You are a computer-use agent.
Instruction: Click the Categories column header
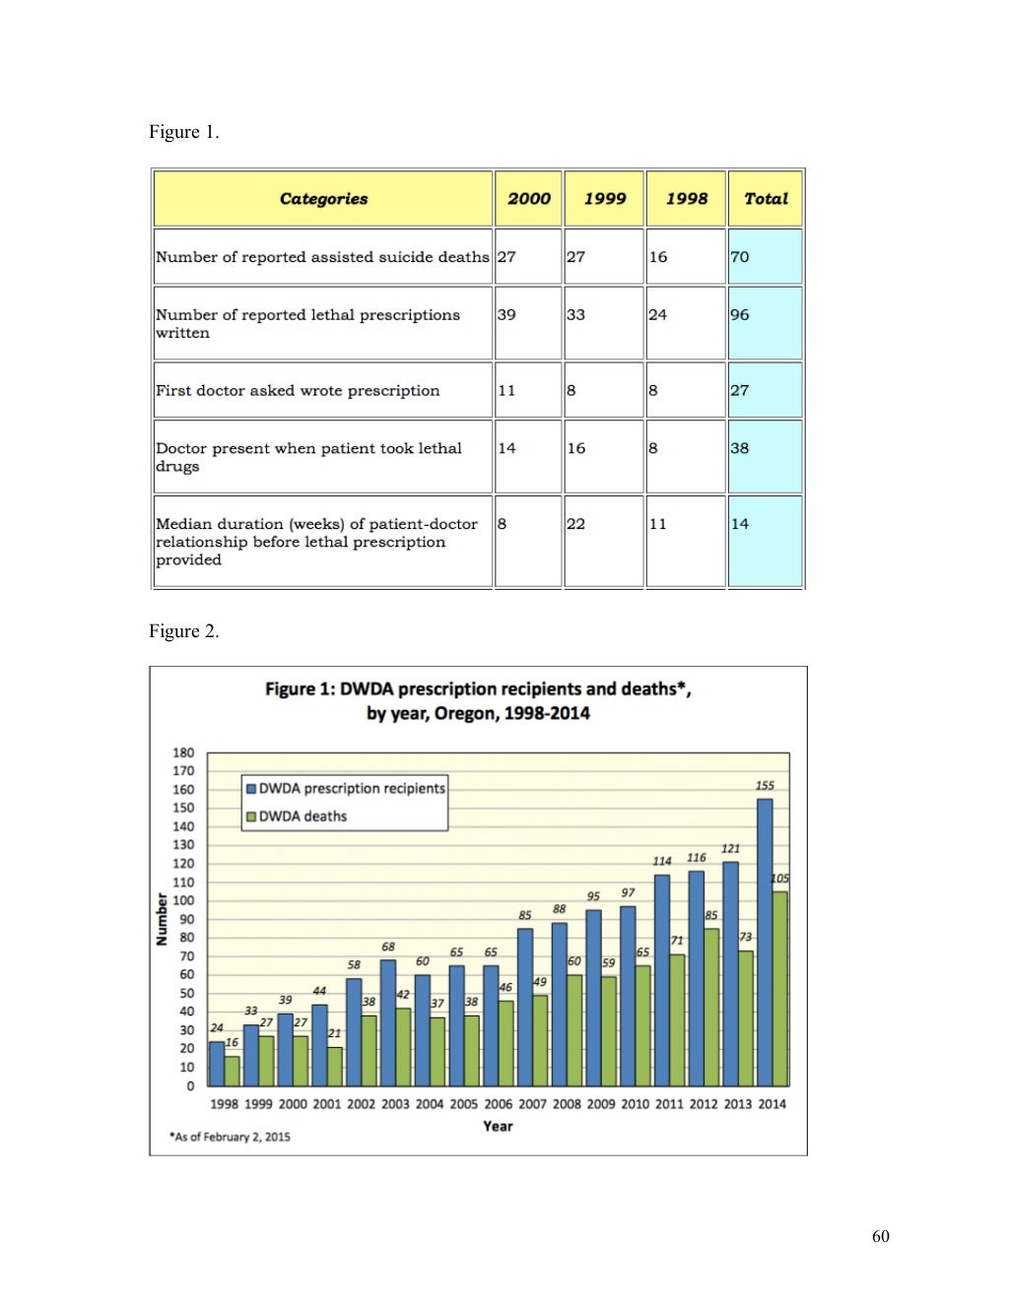[x=323, y=199]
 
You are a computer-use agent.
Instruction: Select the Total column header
[x=766, y=199]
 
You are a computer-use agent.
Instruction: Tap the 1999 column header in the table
[x=604, y=199]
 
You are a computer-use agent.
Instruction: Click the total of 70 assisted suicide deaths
[x=765, y=257]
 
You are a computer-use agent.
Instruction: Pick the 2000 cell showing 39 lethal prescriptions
[x=528, y=323]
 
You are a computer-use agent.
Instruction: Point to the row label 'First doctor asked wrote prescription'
[x=298, y=390]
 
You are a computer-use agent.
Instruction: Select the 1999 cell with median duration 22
[x=604, y=542]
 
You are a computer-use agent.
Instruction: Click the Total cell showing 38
[x=765, y=457]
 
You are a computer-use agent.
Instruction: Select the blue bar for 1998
[x=217, y=1064]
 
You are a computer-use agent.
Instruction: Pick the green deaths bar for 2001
[x=335, y=1067]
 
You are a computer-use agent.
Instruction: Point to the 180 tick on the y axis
[x=184, y=752]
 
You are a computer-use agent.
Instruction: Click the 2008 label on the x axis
[x=567, y=1104]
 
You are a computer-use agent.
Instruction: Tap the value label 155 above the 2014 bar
[x=765, y=786]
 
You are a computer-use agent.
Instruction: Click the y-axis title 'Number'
[x=162, y=919]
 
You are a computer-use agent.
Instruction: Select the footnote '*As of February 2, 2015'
[x=230, y=1137]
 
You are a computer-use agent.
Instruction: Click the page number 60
[x=881, y=1236]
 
